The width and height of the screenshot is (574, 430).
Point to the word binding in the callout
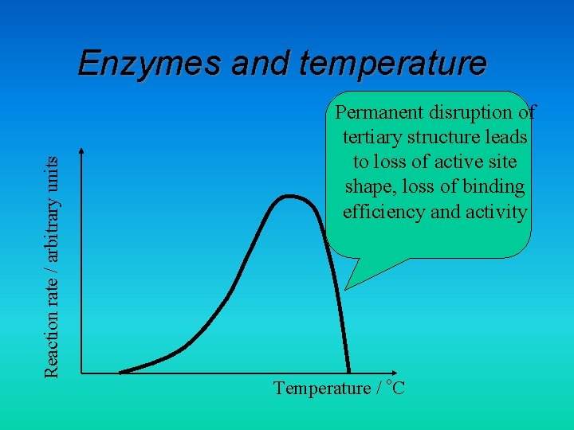(496, 187)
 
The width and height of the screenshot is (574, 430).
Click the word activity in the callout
(497, 212)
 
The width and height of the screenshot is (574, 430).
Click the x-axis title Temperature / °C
(339, 388)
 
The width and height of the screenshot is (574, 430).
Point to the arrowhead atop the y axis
(81, 151)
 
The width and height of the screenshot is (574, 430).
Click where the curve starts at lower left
(121, 371)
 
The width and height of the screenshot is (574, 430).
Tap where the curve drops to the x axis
(349, 371)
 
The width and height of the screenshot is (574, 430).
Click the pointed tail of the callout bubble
(348, 285)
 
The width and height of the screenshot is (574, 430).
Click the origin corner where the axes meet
(81, 372)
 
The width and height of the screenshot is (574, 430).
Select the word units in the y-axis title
(51, 170)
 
